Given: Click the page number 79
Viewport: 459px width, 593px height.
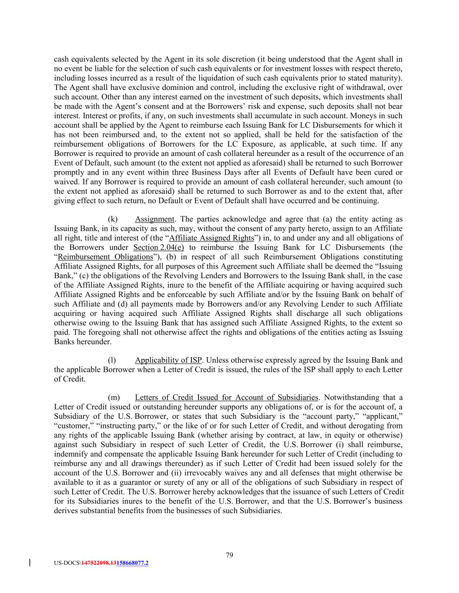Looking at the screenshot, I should pos(230,555).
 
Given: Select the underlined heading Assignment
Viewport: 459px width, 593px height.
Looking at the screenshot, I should pos(154,219).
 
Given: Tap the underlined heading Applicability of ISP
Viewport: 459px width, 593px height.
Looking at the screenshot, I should pos(168,360).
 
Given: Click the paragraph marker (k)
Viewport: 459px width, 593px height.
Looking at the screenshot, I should pos(113,219).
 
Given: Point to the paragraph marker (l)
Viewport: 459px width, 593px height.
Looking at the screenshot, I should pos(112,360).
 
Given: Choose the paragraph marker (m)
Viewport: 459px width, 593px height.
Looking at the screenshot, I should pos(113,398).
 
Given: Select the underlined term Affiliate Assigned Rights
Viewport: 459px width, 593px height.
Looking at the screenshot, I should pos(211,238).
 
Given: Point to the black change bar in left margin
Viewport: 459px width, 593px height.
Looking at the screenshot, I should pos(29,563).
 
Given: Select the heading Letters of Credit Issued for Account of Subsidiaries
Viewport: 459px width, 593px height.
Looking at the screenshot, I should pos(227,398).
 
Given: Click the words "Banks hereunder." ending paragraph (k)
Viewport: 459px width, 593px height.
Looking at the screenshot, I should pos(83,341).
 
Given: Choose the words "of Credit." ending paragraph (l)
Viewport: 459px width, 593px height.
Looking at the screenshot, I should pos(70,379).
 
